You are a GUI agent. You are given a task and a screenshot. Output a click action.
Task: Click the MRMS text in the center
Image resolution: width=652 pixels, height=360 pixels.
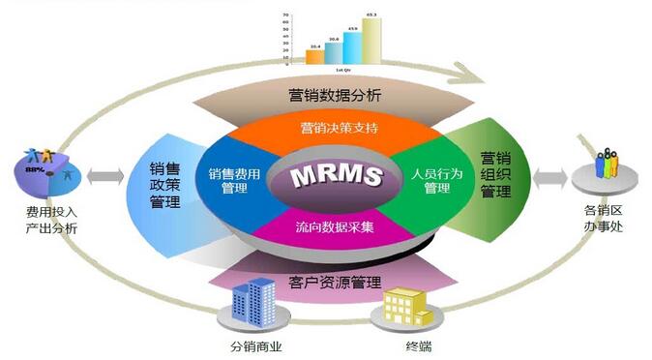click(325, 177)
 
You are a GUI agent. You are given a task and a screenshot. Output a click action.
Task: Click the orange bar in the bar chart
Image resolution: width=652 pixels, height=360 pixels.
click(315, 56)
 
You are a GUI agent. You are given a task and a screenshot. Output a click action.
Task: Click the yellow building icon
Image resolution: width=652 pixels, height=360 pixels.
click(404, 309)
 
